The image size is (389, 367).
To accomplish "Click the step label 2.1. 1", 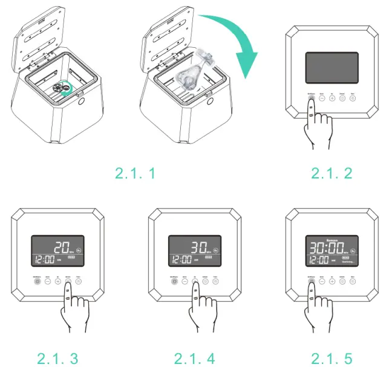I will pyautogui.click(x=135, y=174).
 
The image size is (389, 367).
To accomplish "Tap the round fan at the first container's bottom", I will pyautogui.click(x=60, y=88).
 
